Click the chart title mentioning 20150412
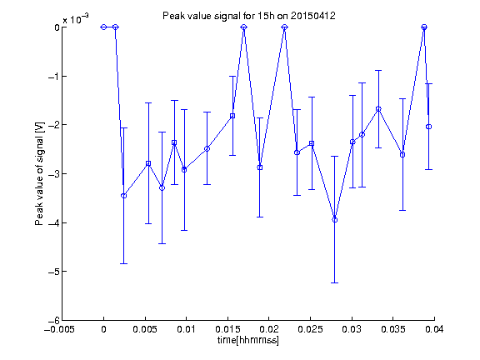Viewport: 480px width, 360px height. click(248, 16)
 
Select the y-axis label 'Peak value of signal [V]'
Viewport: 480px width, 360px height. click(39, 174)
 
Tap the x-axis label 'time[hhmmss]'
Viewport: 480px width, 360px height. click(248, 340)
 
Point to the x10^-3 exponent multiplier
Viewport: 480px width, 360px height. click(76, 19)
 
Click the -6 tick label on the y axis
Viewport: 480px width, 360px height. click(54, 321)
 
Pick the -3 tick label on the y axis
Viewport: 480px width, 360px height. click(54, 174)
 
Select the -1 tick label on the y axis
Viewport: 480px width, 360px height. click(54, 76)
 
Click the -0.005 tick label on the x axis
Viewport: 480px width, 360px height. click(59, 329)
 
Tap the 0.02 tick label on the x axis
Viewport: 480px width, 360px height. click(269, 329)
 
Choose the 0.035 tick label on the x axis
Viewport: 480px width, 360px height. click(393, 329)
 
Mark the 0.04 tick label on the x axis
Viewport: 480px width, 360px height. click(434, 329)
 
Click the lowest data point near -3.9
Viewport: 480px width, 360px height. click(335, 220)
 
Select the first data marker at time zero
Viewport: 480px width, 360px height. click(103, 27)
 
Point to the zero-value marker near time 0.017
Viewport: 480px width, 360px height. click(243, 27)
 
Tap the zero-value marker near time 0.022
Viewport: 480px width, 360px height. click(285, 27)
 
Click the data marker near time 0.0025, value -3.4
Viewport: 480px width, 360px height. click(123, 196)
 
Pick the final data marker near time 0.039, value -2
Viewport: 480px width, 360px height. click(429, 127)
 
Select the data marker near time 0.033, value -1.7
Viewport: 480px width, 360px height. click(378, 109)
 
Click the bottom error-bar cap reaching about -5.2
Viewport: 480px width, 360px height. click(335, 282)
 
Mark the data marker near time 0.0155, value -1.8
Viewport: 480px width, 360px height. click(232, 116)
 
